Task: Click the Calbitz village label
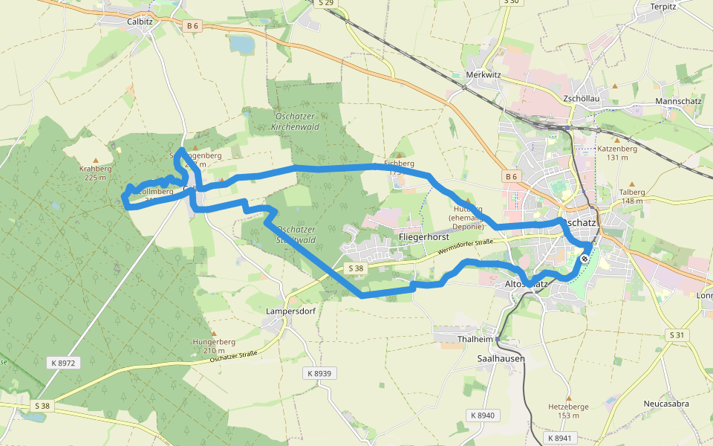pos(140,22)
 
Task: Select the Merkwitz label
pos(484,75)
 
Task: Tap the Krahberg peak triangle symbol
pos(95,160)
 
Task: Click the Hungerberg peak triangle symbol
pos(213,334)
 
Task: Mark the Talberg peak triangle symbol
pos(632,183)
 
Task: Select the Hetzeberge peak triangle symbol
pos(568,398)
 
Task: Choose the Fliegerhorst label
pos(425,237)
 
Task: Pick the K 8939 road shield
pos(317,372)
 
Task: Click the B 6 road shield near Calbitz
pos(192,26)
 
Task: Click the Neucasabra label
pos(666,404)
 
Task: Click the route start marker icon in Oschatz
pos(585,259)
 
